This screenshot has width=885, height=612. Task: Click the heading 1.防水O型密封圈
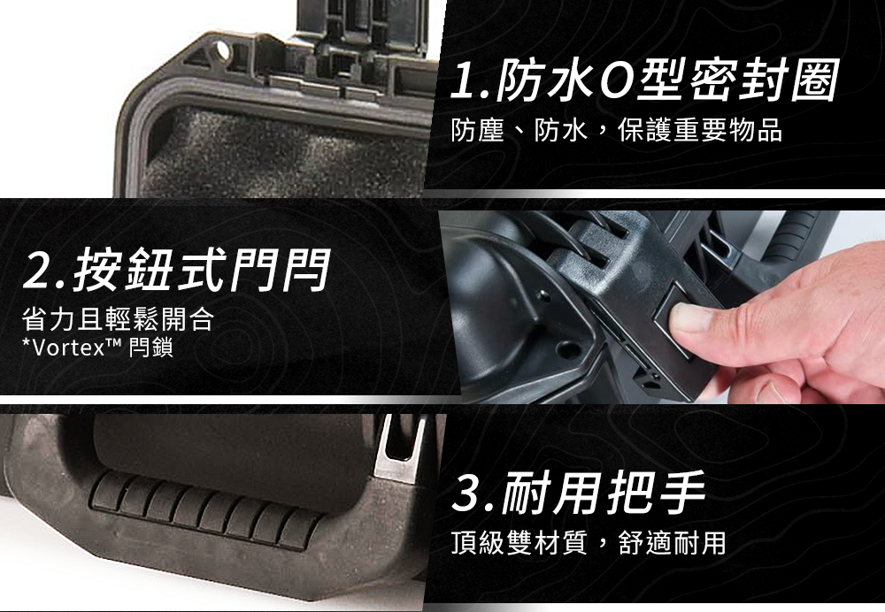pyautogui.click(x=644, y=81)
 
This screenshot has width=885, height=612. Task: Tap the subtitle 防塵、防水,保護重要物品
pyautogui.click(x=617, y=131)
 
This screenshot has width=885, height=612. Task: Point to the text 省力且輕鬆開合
pyautogui.click(x=118, y=318)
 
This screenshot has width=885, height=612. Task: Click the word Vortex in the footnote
pyautogui.click(x=69, y=348)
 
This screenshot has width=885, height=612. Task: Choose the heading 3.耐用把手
pyautogui.click(x=579, y=493)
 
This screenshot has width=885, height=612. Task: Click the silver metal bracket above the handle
pyautogui.click(x=402, y=448)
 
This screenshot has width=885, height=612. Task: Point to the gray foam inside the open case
pyautogui.click(x=282, y=153)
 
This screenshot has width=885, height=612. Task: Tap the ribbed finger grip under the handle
pyautogui.click(x=204, y=511)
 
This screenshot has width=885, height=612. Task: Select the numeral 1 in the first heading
pyautogui.click(x=466, y=81)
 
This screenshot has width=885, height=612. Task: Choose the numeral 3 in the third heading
pyautogui.click(x=470, y=493)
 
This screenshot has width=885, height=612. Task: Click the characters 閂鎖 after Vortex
pyautogui.click(x=150, y=348)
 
